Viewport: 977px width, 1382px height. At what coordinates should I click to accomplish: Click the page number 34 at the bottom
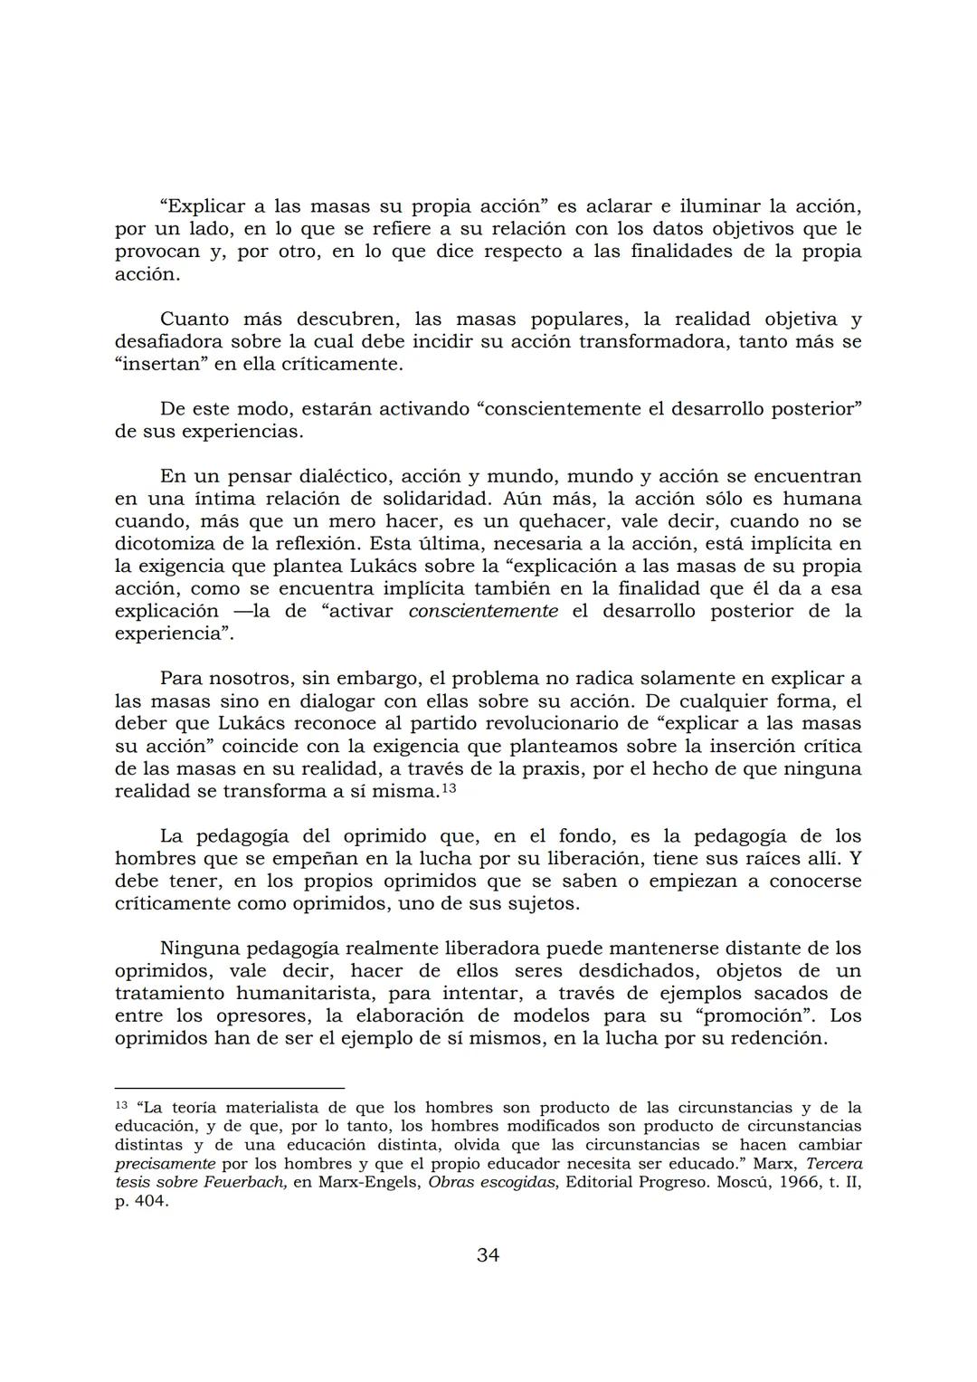pyautogui.click(x=488, y=1254)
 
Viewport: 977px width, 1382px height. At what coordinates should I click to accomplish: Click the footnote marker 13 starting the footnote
pyautogui.click(x=121, y=1105)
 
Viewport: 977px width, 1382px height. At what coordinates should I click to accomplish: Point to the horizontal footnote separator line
pyautogui.click(x=230, y=1087)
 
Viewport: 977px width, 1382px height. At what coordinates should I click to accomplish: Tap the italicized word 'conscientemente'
pyautogui.click(x=483, y=611)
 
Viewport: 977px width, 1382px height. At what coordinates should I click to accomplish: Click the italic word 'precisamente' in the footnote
pyautogui.click(x=165, y=1164)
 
